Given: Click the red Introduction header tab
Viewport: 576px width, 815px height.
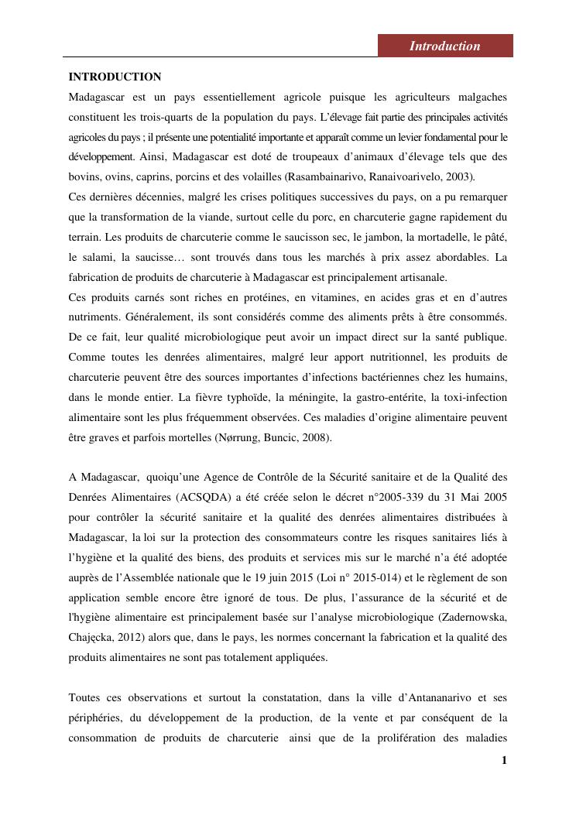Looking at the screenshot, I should pyautogui.click(x=445, y=46).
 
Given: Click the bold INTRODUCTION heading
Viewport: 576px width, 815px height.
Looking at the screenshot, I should pyautogui.click(x=115, y=77).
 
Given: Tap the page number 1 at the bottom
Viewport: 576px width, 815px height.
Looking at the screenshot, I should pyautogui.click(x=504, y=760).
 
